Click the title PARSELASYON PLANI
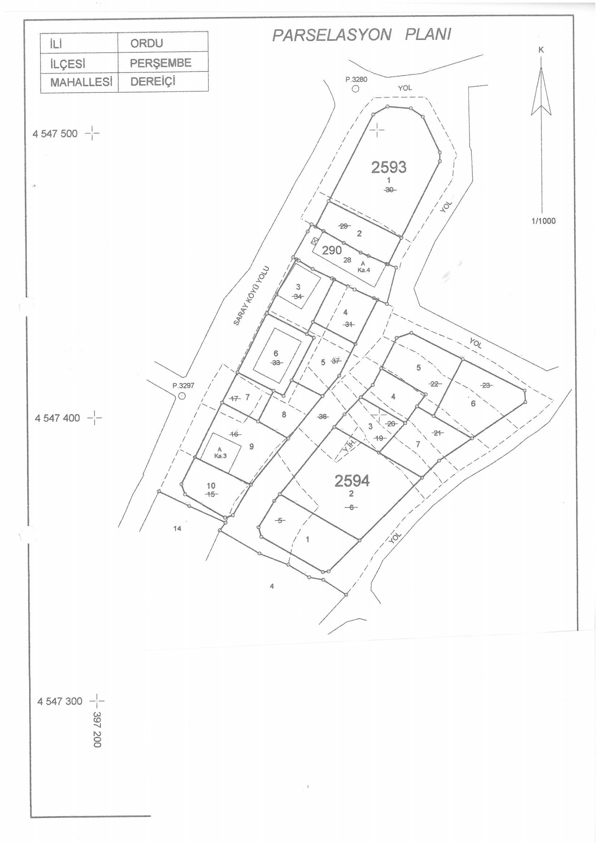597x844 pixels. (x=362, y=35)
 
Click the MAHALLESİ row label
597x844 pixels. (x=81, y=82)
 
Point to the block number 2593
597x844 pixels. (x=389, y=168)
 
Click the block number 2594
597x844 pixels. (x=352, y=481)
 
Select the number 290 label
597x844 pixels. (x=332, y=250)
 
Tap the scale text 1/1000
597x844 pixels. (x=543, y=221)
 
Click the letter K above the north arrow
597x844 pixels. (x=541, y=51)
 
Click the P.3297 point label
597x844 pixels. (x=183, y=386)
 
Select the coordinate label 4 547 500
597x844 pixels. (x=55, y=134)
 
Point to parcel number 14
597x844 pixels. (x=177, y=528)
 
